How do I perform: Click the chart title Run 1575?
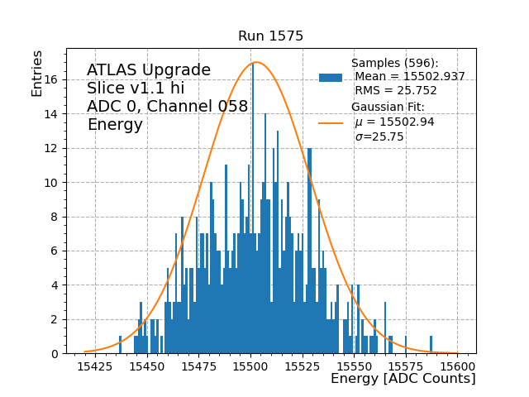(x=270, y=36)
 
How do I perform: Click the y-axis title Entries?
(x=37, y=72)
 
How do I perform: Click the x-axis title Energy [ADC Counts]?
(x=403, y=379)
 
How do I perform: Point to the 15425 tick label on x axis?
(x=95, y=365)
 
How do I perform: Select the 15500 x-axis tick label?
(x=250, y=365)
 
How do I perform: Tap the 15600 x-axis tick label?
(x=458, y=365)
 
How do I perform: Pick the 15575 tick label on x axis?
(x=406, y=365)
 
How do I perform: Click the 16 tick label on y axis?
(x=50, y=79)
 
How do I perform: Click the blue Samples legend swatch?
(x=330, y=78)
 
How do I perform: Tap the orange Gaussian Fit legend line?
(x=330, y=123)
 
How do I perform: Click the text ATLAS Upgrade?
(x=149, y=70)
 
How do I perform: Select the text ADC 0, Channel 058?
(x=167, y=106)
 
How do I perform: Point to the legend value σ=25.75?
(x=379, y=137)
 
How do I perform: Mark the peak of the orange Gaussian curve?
(x=256, y=62)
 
